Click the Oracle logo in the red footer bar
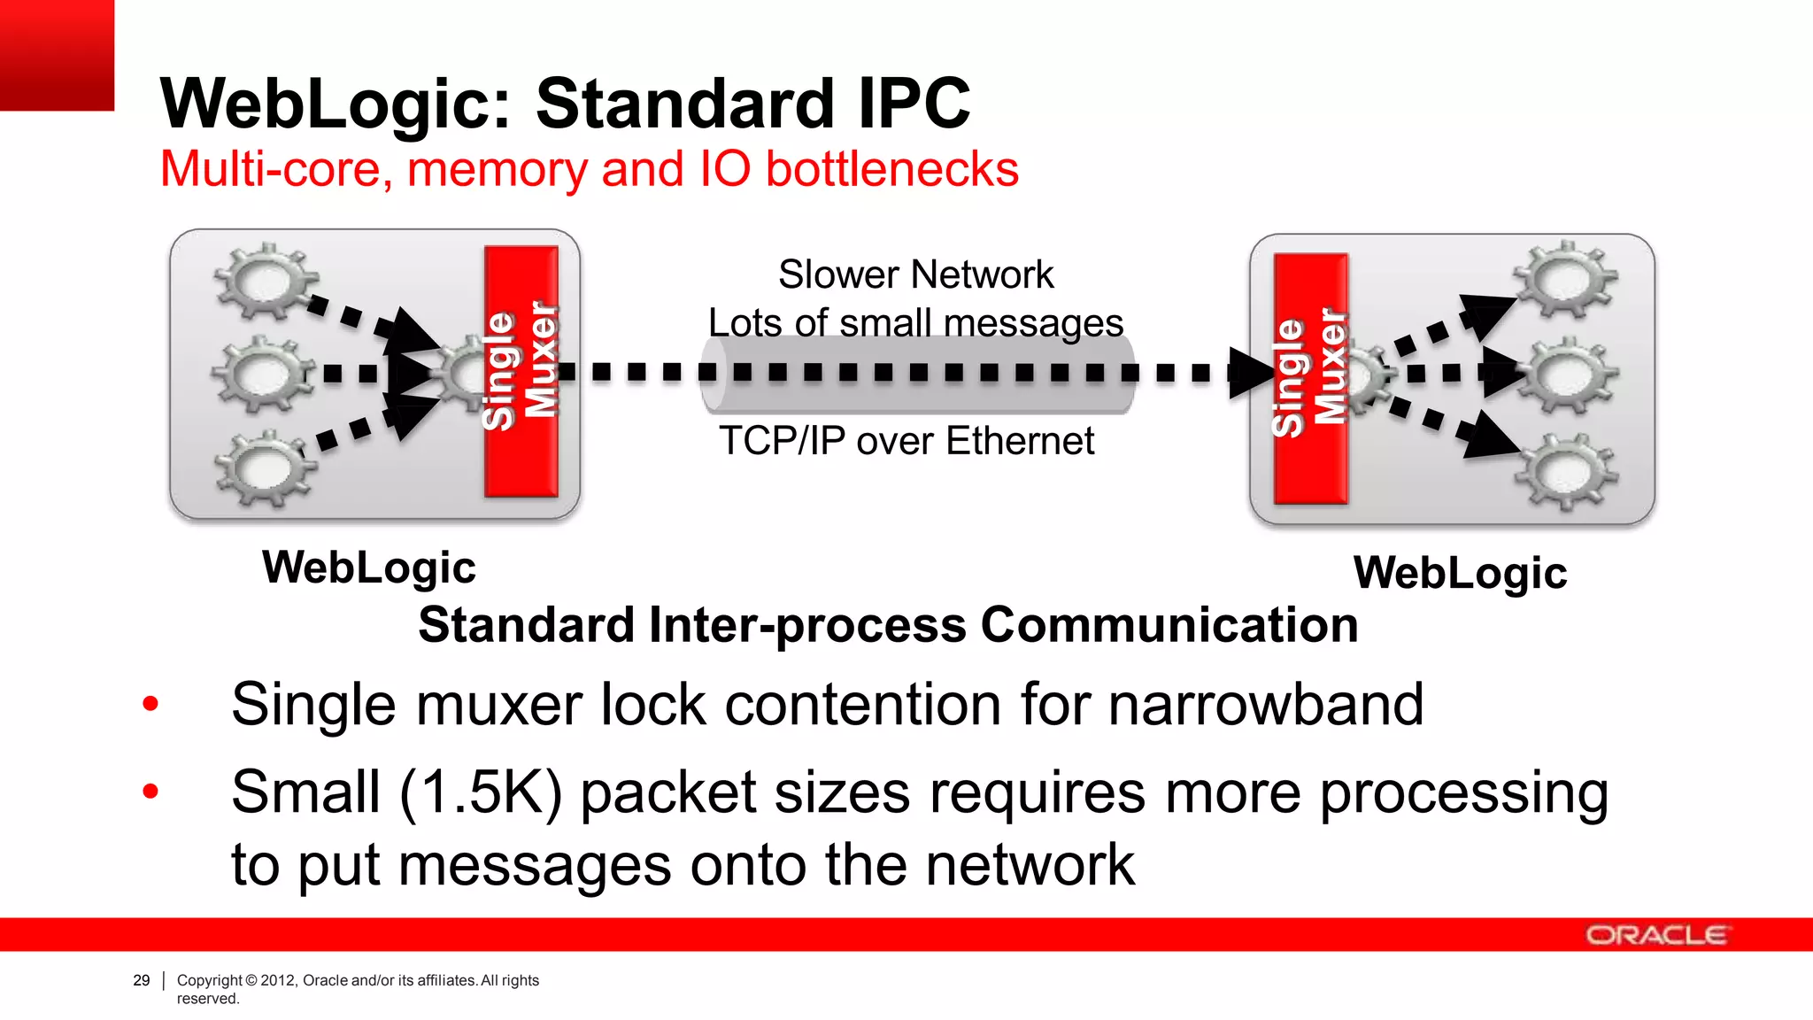click(1655, 935)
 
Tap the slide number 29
click(142, 980)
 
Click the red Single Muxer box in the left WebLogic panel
click(521, 372)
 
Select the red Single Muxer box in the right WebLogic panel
click(1310, 379)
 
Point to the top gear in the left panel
click(264, 281)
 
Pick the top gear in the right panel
click(1566, 279)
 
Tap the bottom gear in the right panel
click(1566, 471)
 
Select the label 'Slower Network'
click(916, 274)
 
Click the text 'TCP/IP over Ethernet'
click(906, 441)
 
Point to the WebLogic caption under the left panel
click(369, 568)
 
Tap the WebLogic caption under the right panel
click(1461, 573)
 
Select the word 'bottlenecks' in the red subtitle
click(892, 169)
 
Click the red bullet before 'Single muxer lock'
click(150, 705)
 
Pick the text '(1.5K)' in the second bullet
click(480, 792)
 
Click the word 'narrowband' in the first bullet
click(1266, 705)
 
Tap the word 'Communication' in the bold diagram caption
click(1169, 625)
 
